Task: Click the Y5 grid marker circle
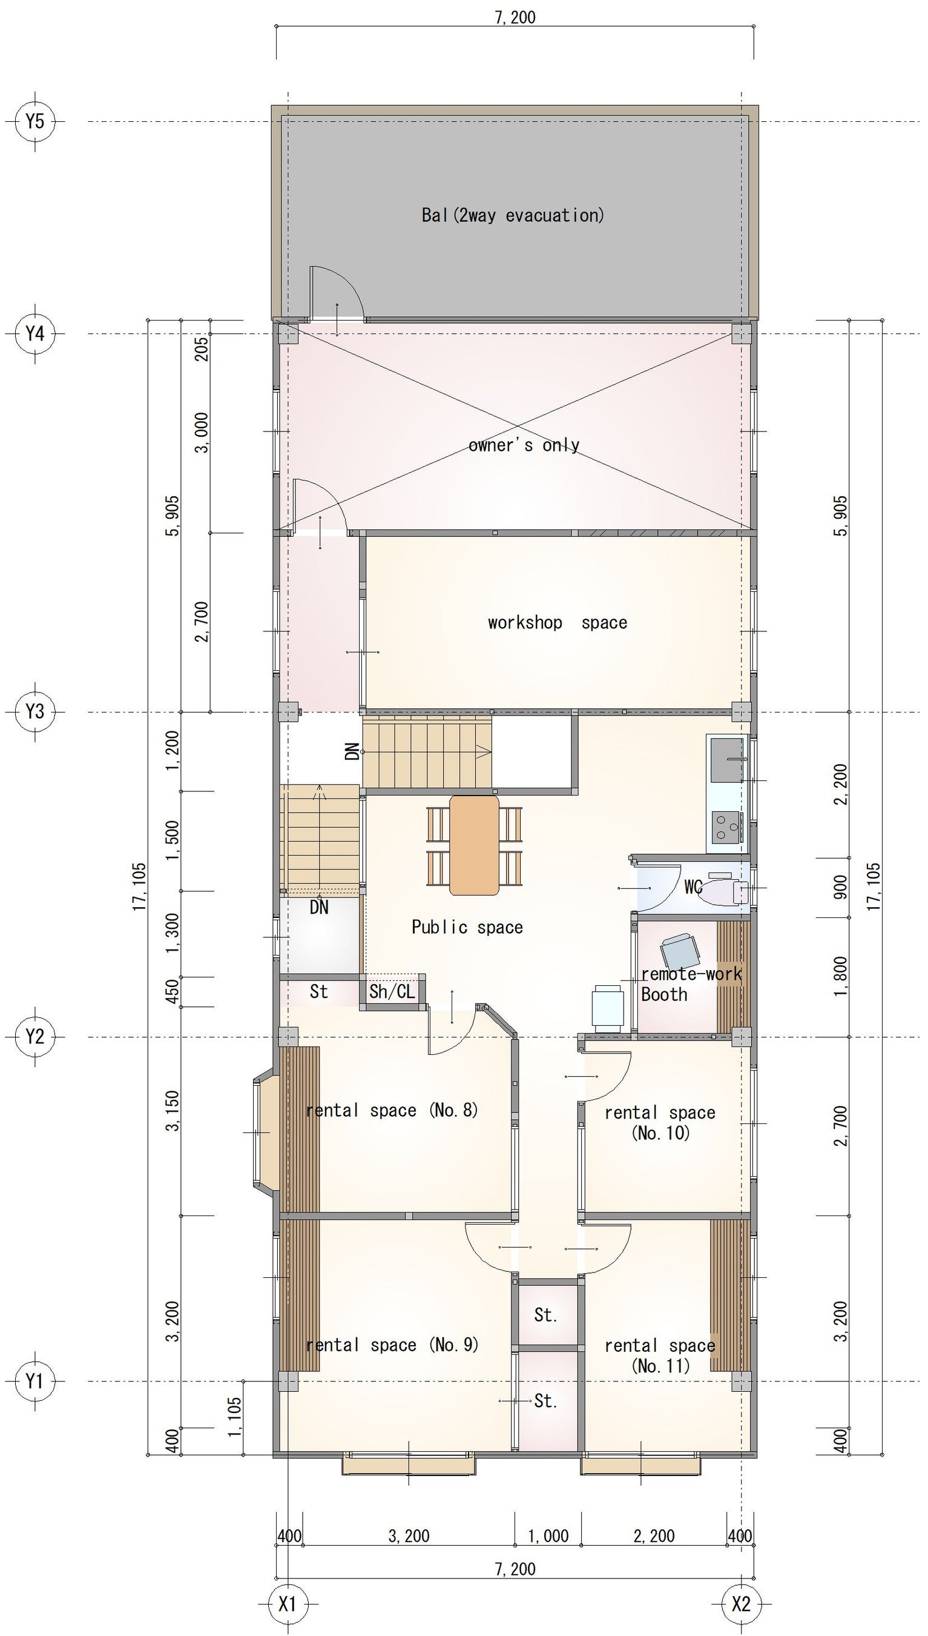click(x=35, y=121)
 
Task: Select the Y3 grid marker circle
click(x=35, y=711)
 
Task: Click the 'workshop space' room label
click(x=558, y=622)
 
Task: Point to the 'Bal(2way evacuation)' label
click(x=513, y=215)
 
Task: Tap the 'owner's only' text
click(x=524, y=445)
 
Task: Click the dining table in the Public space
click(x=474, y=845)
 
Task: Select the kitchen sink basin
click(x=726, y=759)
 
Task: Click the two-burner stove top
click(x=726, y=827)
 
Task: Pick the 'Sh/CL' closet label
click(x=392, y=991)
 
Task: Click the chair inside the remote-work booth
click(x=679, y=952)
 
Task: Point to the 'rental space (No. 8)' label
click(x=392, y=1111)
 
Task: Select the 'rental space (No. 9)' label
click(x=392, y=1345)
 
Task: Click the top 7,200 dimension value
click(x=515, y=17)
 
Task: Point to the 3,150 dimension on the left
click(x=173, y=1111)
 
